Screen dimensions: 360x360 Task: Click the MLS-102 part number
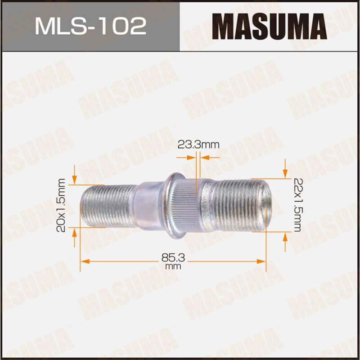point(90,27)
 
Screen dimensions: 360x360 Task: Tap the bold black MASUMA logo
point(269,27)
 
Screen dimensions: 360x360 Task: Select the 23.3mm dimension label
point(198,145)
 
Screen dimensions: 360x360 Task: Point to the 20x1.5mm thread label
point(62,205)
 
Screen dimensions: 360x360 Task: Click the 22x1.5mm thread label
point(297,205)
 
